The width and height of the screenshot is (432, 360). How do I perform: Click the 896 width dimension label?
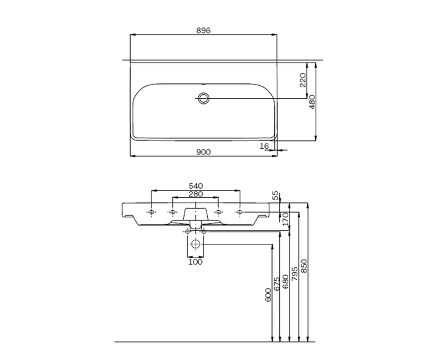pos(203,30)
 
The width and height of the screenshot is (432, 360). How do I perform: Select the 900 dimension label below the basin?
pos(203,152)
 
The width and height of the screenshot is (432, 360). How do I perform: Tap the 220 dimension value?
pos(303,80)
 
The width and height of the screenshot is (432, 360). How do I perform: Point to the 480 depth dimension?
pos(312,102)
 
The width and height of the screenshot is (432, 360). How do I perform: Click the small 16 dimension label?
pos(264,146)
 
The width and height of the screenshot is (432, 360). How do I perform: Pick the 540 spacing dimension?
pos(196,186)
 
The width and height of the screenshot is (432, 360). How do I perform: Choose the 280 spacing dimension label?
pos(196,194)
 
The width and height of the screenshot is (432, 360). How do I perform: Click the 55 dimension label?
pos(275,195)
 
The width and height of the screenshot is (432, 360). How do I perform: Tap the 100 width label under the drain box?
pos(195,262)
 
